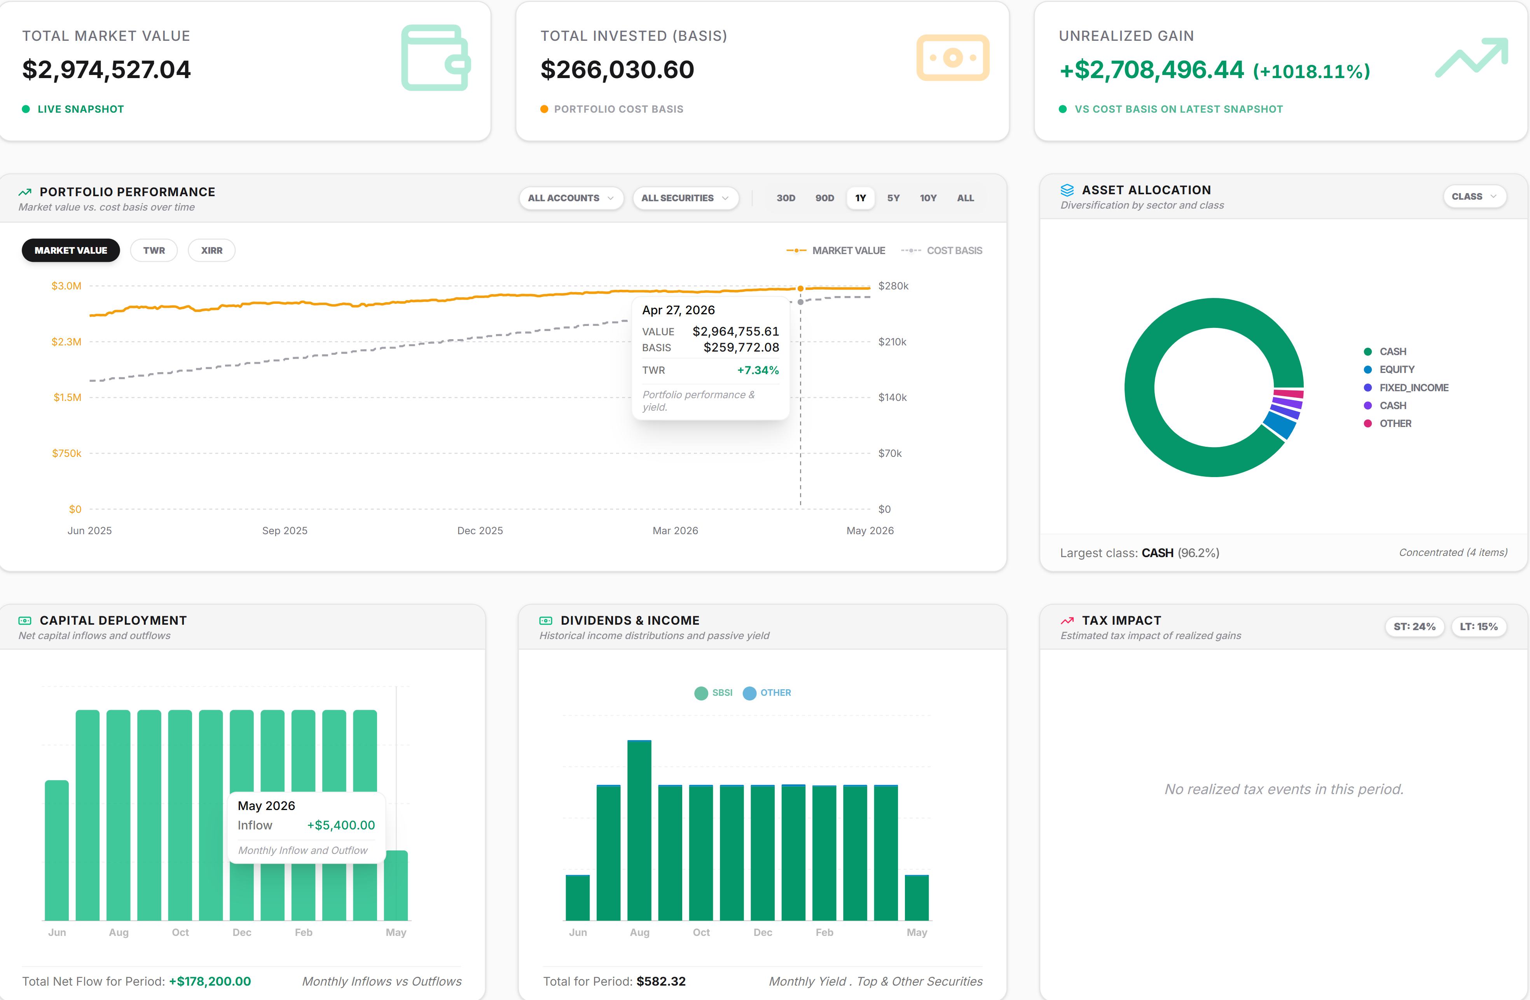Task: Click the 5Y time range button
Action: [893, 198]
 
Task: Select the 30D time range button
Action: [786, 198]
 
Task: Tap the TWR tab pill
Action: [154, 251]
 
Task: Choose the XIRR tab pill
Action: [211, 251]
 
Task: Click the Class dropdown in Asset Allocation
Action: [1474, 197]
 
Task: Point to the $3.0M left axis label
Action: [66, 286]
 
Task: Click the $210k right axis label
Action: [892, 342]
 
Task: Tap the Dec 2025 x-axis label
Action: [480, 531]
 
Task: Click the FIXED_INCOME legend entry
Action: [1406, 388]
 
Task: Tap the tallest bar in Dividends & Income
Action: [639, 830]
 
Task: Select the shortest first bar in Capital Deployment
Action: [57, 850]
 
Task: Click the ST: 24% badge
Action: [1414, 627]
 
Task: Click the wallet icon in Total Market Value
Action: [436, 58]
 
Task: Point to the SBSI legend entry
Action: [714, 693]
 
